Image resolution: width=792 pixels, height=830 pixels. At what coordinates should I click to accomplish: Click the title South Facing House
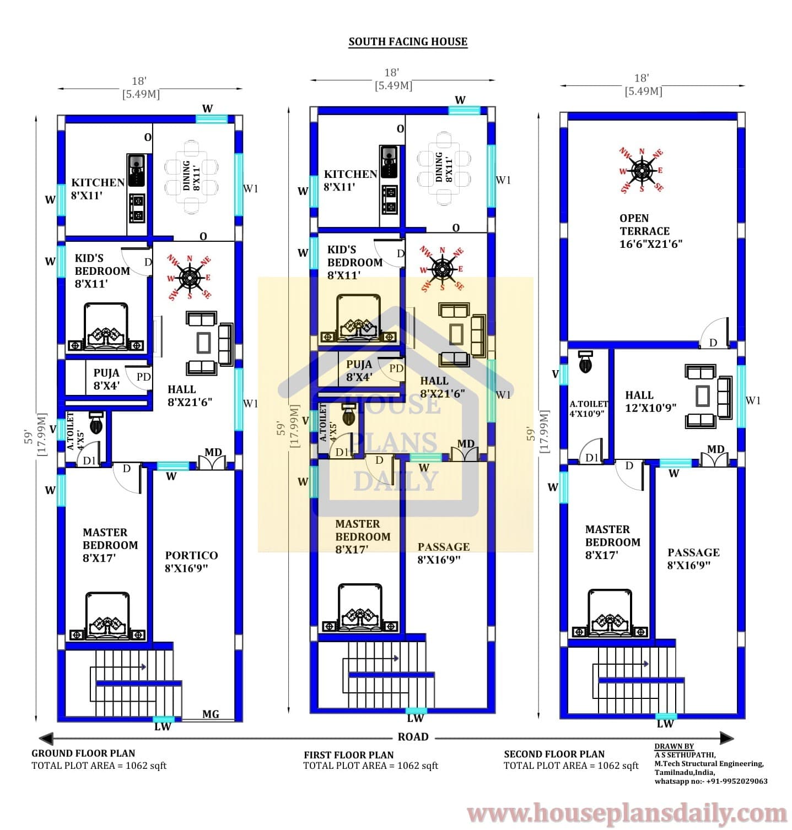(408, 42)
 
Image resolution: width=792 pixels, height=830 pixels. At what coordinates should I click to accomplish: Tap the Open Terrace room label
(650, 231)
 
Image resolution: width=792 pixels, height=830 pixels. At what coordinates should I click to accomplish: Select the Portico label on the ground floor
(191, 561)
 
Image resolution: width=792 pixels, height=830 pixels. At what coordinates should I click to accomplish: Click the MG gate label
(211, 714)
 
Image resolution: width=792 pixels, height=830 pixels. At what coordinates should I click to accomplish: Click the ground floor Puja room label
(106, 379)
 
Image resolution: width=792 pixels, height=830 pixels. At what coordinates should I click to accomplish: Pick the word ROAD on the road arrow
(413, 737)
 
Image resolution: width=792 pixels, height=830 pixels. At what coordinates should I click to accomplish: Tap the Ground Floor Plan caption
(83, 753)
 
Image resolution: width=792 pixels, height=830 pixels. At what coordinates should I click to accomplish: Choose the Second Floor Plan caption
(554, 754)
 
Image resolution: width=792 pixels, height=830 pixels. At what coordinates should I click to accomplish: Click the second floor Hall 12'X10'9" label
(650, 401)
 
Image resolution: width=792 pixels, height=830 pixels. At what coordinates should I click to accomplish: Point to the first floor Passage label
(444, 553)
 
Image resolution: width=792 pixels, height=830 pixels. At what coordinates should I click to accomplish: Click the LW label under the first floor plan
(415, 718)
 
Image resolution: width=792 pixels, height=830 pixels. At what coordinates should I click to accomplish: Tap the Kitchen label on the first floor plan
(351, 180)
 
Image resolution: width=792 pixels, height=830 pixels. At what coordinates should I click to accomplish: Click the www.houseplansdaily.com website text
(628, 813)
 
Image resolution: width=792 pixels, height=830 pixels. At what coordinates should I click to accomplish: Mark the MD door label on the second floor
(715, 449)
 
